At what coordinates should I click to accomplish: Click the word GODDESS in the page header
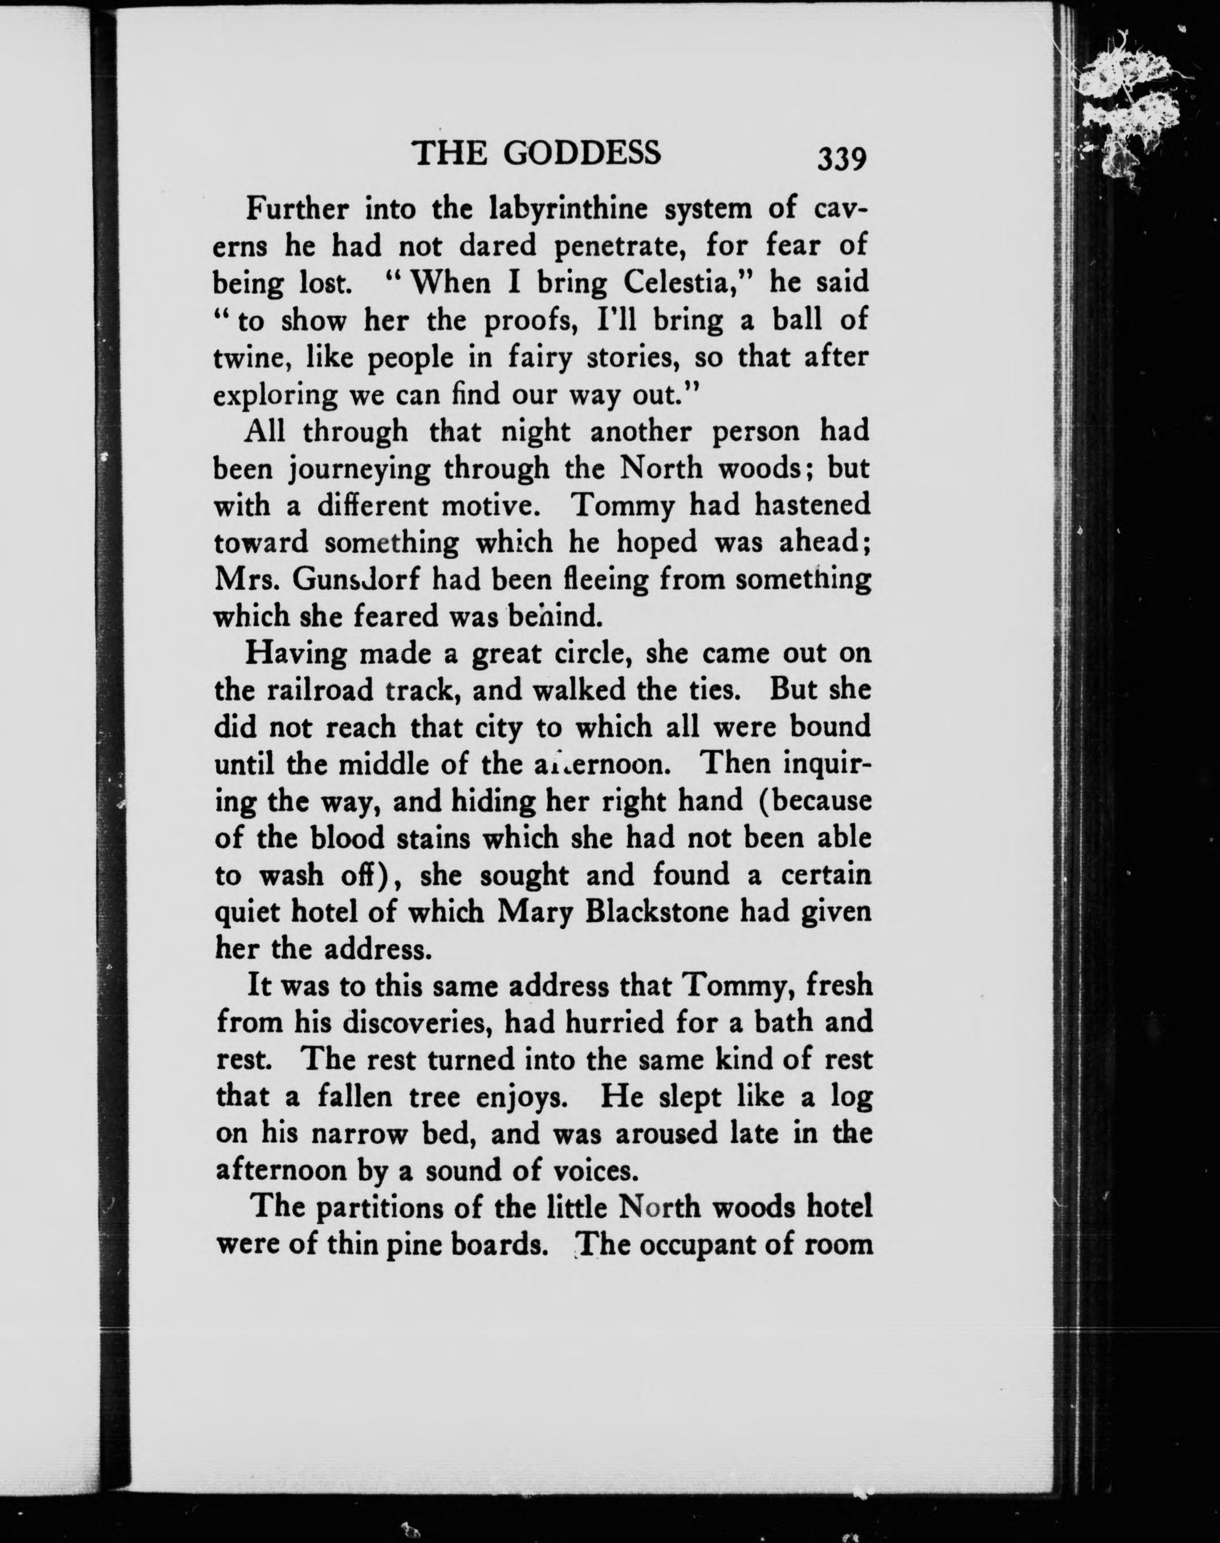click(582, 153)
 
